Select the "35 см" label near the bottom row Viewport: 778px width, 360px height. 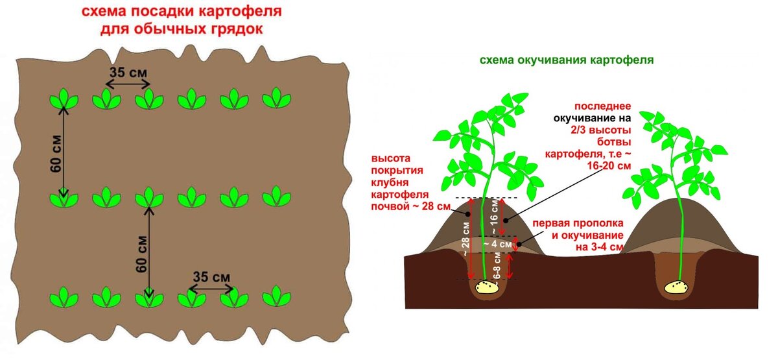point(212,278)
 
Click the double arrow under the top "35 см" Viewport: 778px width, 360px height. point(128,84)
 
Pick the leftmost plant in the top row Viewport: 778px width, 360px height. point(64,99)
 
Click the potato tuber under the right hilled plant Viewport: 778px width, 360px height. point(678,286)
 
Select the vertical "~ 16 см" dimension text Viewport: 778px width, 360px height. point(495,217)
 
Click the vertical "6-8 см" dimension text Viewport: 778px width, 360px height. point(497,266)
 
